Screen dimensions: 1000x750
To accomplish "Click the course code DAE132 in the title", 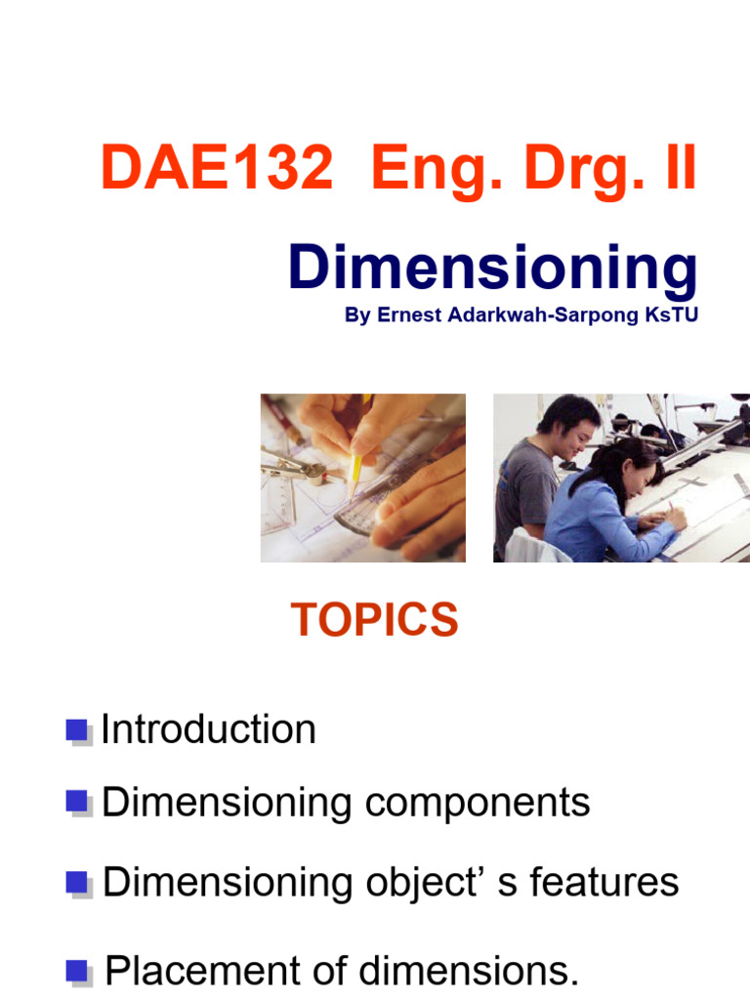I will coord(216,170).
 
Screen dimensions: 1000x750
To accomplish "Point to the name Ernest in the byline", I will coord(403,317).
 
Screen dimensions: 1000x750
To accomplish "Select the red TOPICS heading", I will coord(375,620).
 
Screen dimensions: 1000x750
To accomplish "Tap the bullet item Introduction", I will coord(209,729).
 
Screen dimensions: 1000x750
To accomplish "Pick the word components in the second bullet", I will coord(478,803).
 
